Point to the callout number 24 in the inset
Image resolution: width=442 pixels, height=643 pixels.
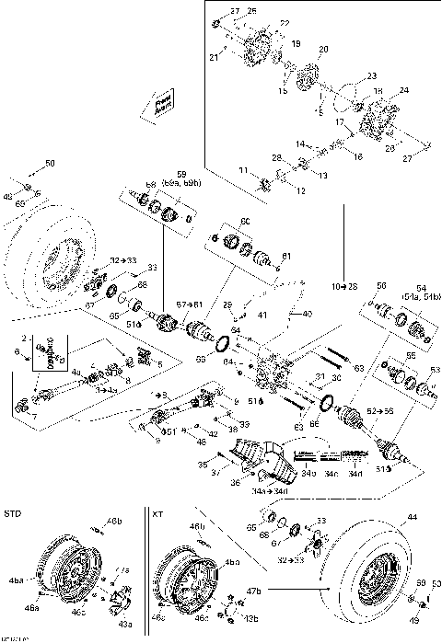[x=403, y=91]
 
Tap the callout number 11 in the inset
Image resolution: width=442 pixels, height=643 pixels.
[x=244, y=171]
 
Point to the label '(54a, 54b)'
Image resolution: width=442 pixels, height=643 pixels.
[x=422, y=296]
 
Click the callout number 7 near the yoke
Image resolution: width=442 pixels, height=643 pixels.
[x=23, y=415]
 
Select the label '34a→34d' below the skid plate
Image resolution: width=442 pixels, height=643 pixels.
[x=274, y=492]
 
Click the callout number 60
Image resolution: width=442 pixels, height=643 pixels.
[x=245, y=221]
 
